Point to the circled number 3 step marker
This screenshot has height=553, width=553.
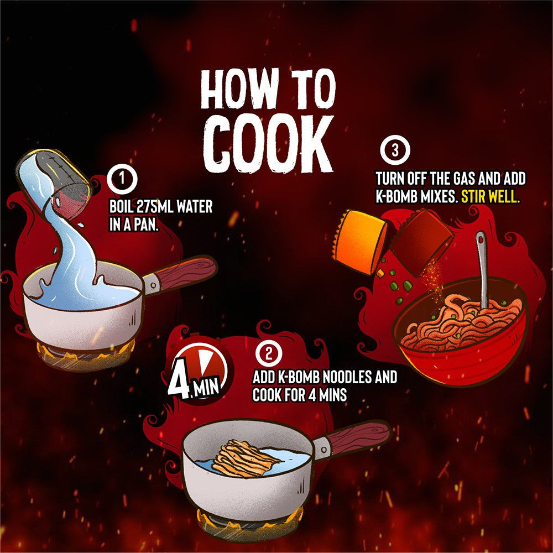pos(395,150)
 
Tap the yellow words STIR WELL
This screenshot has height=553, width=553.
pos(490,197)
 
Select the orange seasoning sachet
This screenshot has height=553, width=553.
pos(360,241)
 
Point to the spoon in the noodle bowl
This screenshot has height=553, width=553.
pos(482,269)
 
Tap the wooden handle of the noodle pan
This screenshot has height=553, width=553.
pos(358,439)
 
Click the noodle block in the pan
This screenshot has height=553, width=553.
pos(243,458)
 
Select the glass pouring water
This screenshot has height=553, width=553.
pos(54,185)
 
